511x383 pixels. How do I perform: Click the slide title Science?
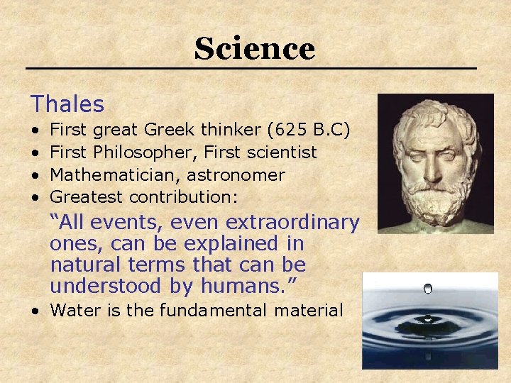(x=254, y=49)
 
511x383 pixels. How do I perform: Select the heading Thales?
(x=67, y=105)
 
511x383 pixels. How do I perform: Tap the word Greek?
(x=170, y=130)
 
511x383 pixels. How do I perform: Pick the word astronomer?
(x=236, y=175)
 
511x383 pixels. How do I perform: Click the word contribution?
(x=182, y=197)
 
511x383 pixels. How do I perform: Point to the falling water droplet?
(x=427, y=289)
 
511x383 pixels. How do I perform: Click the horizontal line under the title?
(x=251, y=68)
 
